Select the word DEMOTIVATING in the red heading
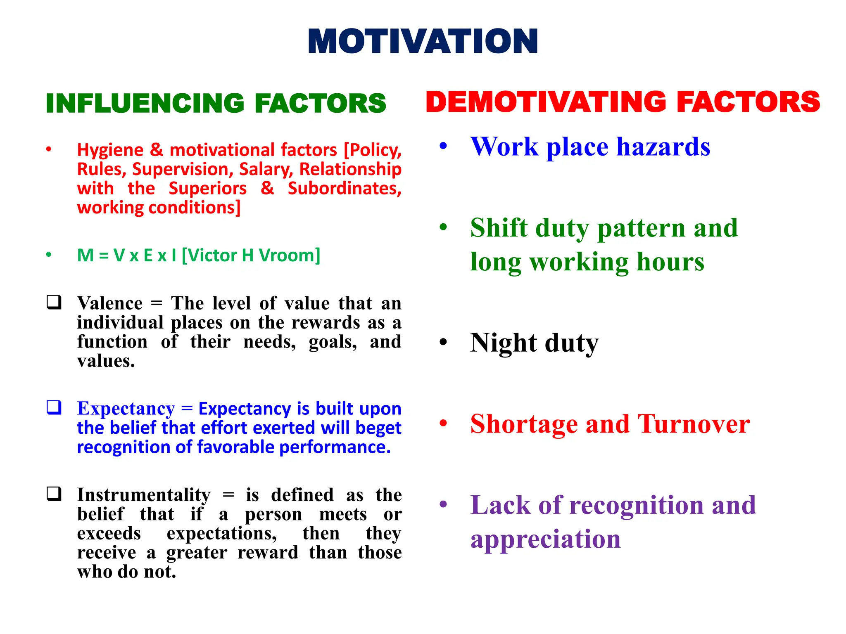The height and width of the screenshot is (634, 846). (x=546, y=102)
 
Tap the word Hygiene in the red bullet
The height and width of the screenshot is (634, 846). (x=110, y=150)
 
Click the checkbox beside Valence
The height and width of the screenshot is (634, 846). (x=54, y=302)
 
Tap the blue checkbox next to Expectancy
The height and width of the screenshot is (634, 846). (x=54, y=407)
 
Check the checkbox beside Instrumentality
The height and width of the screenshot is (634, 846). (x=54, y=494)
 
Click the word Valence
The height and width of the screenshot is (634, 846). (x=110, y=303)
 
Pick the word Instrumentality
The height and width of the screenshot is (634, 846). (x=144, y=495)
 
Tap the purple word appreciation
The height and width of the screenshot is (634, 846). (x=545, y=539)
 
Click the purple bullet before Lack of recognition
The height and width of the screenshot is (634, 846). (x=443, y=504)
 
